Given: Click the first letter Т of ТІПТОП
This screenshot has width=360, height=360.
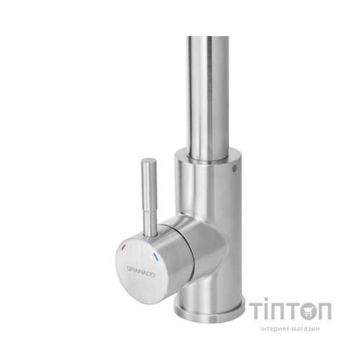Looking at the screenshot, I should click(x=260, y=310).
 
